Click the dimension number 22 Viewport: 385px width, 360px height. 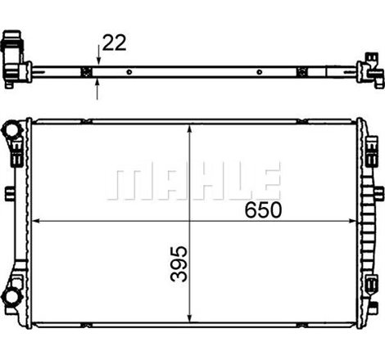115,43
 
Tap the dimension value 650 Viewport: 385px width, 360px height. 263,210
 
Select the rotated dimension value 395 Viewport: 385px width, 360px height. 179,263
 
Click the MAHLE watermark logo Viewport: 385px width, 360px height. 193,181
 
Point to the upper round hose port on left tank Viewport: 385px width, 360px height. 11,129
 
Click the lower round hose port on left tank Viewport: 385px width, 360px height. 11,296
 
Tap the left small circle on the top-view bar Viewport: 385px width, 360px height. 129,72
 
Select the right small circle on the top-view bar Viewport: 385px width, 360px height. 260,72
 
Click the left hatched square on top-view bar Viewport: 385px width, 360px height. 87,72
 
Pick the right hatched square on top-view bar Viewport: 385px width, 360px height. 302,72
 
